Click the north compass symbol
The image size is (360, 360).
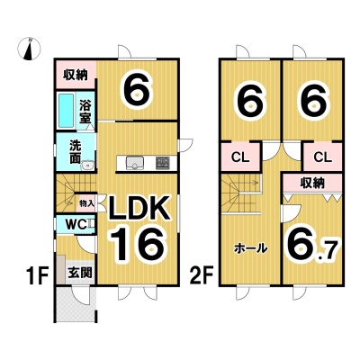(x=29, y=49)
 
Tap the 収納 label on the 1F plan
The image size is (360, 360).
(x=76, y=75)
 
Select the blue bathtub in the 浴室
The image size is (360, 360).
(x=66, y=111)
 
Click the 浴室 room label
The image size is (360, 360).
(x=85, y=112)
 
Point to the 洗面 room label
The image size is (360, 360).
(x=75, y=152)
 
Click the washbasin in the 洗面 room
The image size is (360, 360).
(x=88, y=165)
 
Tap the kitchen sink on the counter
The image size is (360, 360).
(x=135, y=163)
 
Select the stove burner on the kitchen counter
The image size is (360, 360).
(x=162, y=163)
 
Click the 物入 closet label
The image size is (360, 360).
(x=86, y=203)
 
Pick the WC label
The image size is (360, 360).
(x=76, y=224)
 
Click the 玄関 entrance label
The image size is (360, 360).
(x=79, y=273)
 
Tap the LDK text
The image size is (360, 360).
(x=139, y=208)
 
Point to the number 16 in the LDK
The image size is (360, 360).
(x=138, y=244)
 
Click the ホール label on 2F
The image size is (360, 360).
(x=250, y=248)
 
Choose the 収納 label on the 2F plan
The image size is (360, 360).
(x=313, y=183)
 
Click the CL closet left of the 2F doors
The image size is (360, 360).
(x=240, y=157)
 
